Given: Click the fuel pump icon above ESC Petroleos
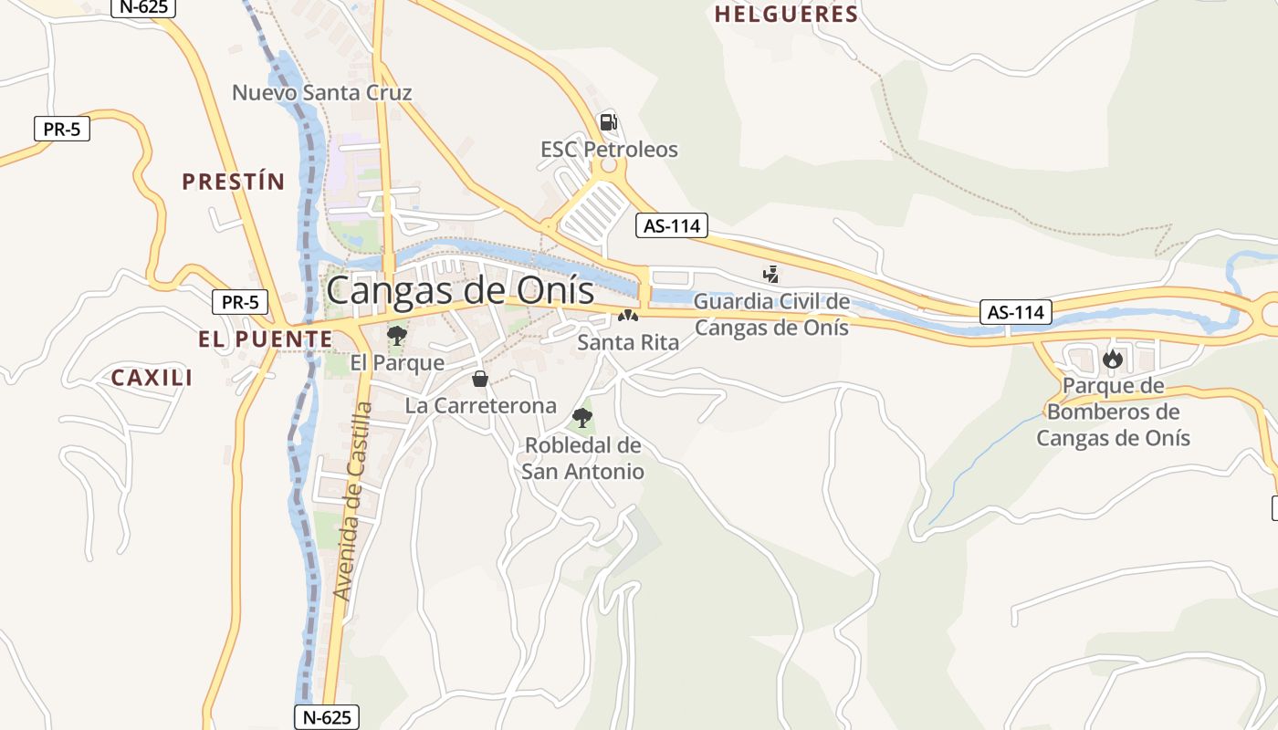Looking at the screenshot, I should click(608, 121).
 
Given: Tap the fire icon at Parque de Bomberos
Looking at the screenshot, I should click(1112, 359).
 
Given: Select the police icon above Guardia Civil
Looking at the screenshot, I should click(771, 273).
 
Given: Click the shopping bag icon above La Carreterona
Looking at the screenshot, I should click(480, 379).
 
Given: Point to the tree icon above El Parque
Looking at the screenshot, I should click(397, 336).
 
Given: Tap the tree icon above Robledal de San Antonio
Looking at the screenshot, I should click(582, 418).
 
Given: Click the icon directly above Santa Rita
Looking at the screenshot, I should click(627, 317).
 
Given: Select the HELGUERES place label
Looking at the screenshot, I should click(786, 15).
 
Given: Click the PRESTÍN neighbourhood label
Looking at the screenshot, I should click(234, 182).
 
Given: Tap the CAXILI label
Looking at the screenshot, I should click(152, 378).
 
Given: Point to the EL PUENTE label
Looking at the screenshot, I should click(266, 339).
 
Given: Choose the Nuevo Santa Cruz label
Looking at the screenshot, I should click(321, 92).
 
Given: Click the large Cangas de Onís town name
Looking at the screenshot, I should click(459, 291).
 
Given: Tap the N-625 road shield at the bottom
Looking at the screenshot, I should click(327, 717).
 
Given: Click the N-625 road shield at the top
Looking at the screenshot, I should click(142, 6).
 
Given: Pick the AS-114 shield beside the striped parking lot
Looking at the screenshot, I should click(672, 225).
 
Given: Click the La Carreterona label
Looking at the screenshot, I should click(480, 406).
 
